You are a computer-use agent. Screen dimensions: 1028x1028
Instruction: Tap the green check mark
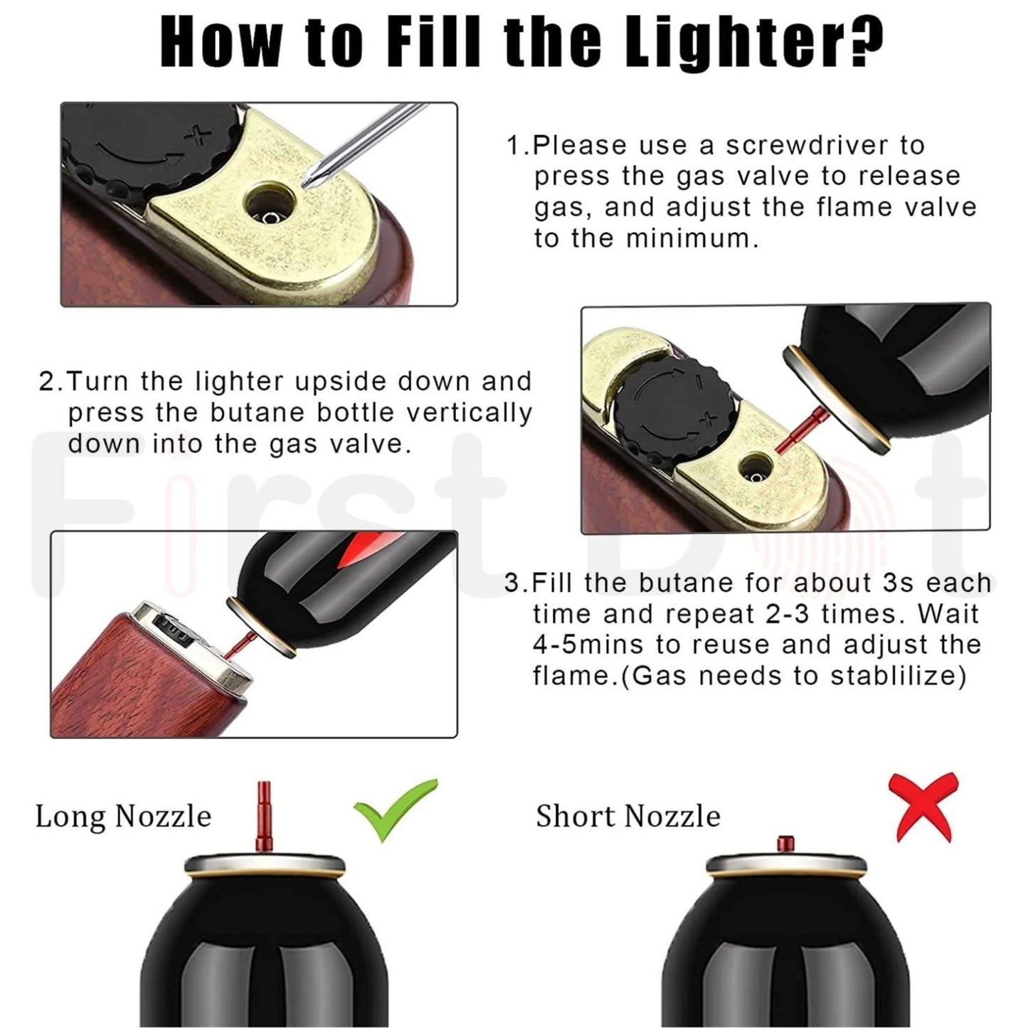[x=394, y=810]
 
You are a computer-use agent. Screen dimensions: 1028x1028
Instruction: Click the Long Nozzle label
[x=123, y=817]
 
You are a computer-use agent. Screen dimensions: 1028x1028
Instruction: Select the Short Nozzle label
[x=627, y=817]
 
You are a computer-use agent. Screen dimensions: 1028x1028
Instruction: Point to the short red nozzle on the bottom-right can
[x=785, y=844]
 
